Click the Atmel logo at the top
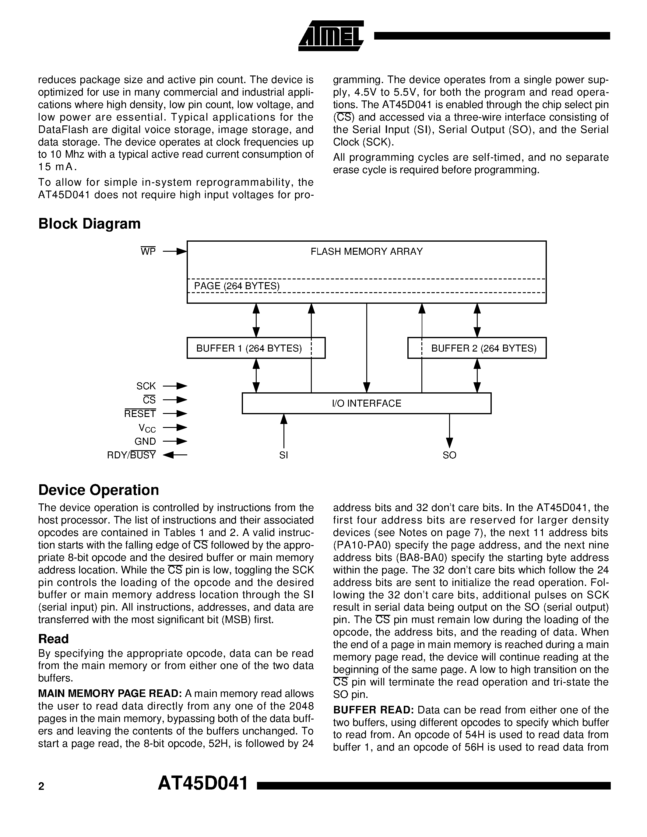(330, 36)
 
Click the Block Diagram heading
(89, 224)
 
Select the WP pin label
(148, 251)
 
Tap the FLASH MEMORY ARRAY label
(366, 251)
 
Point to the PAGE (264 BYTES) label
(237, 286)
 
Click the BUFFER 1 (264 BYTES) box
(256, 348)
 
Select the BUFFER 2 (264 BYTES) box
(477, 348)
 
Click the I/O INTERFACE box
(366, 403)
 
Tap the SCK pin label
(146, 386)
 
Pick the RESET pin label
(140, 414)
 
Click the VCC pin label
(147, 428)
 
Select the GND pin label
(145, 442)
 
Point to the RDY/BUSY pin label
(132, 455)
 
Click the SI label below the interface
(284, 455)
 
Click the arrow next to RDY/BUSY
(175, 455)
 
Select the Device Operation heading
(99, 490)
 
